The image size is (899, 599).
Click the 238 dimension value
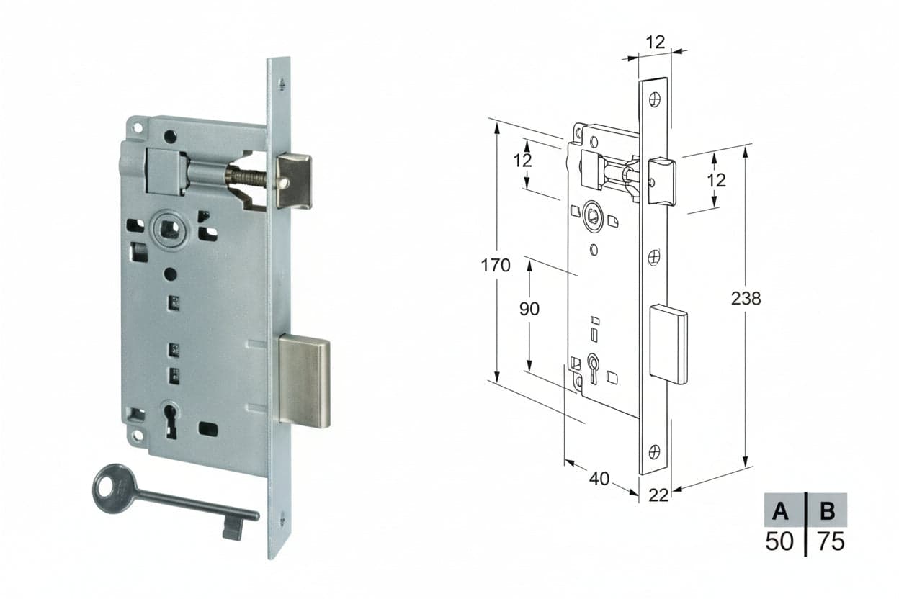point(746,299)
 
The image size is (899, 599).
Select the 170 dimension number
point(496,266)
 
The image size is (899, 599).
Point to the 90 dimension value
point(529,309)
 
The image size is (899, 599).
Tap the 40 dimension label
point(599,479)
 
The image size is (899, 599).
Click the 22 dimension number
point(658,495)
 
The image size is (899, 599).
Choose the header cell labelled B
point(827,510)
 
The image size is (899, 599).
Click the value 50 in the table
point(779,541)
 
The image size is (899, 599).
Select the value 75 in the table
point(831,541)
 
